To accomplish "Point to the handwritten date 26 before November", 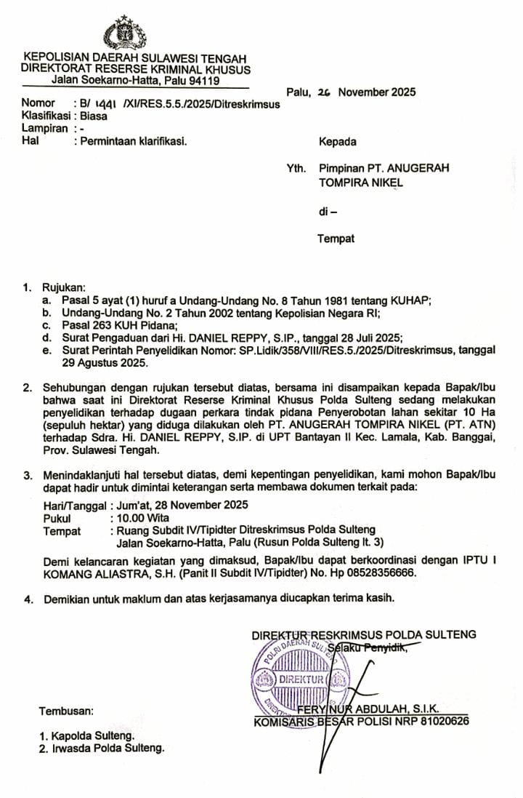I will pos(325,93).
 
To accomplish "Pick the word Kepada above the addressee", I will pos(337,141).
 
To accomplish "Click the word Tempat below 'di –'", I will pos(336,239).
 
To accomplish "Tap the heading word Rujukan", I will pos(64,287).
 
